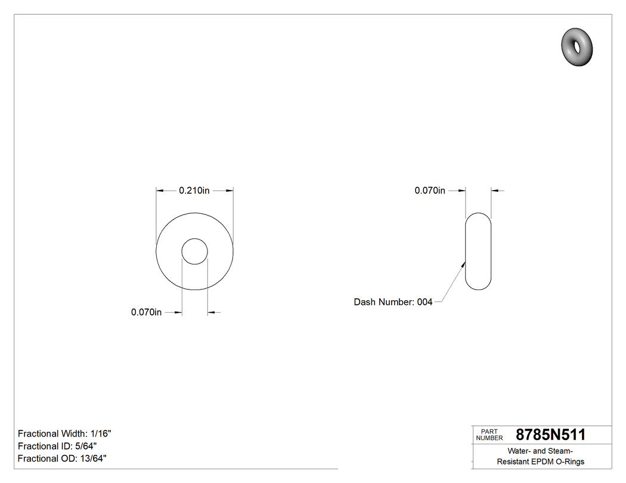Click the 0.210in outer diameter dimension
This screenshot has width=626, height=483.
pyautogui.click(x=194, y=191)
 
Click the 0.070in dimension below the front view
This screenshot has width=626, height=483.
pyautogui.click(x=147, y=312)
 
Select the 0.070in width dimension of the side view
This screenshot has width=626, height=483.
pyautogui.click(x=430, y=191)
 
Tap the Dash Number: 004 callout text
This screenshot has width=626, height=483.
pyautogui.click(x=393, y=302)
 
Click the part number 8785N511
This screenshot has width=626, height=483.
pyautogui.click(x=550, y=435)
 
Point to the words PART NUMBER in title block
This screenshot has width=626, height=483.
pyautogui.click(x=489, y=435)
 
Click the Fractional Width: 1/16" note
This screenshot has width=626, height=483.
pyautogui.click(x=64, y=434)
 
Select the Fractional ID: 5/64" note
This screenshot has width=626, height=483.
pyautogui.click(x=57, y=446)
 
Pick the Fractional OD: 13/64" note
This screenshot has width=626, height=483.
pyautogui.click(x=62, y=459)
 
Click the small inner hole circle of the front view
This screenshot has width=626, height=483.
pyautogui.click(x=194, y=251)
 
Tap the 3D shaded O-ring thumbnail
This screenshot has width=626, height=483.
pyautogui.click(x=577, y=46)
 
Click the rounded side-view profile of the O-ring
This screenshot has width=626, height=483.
pyautogui.click(x=478, y=251)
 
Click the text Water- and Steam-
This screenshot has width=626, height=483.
pyautogui.click(x=540, y=451)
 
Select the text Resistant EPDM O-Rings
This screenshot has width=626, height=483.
pyautogui.click(x=540, y=462)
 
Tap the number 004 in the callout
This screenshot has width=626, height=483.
pyautogui.click(x=424, y=302)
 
